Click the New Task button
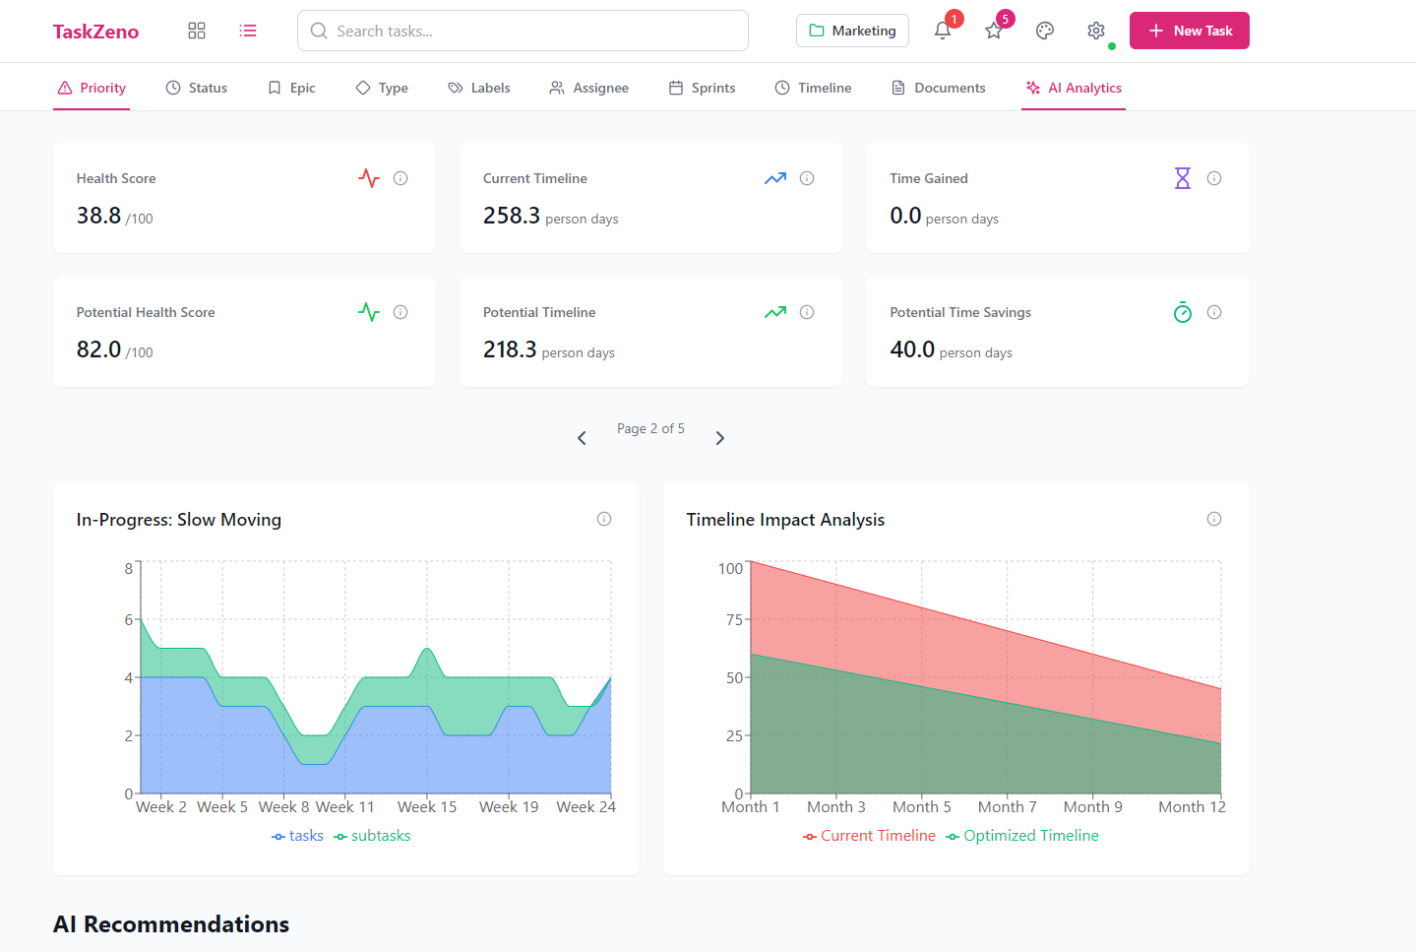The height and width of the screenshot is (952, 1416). coord(1189,31)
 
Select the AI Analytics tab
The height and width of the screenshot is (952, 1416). coord(1074,88)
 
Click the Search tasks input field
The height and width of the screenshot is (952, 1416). coord(523,31)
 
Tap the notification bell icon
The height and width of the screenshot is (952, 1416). coord(943,31)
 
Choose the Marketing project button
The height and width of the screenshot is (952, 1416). coord(852,31)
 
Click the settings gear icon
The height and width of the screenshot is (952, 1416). coord(1096,31)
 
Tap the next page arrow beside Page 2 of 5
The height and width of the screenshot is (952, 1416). coord(720,438)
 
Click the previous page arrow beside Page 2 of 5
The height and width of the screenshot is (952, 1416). coord(582,438)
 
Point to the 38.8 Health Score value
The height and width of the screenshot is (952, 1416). coord(99,216)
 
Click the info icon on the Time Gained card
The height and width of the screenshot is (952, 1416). coord(1214,178)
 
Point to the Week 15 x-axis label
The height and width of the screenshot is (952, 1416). coord(427,807)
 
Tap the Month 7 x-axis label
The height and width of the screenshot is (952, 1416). coord(1007,807)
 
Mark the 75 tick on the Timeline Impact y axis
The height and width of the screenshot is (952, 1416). coord(734,619)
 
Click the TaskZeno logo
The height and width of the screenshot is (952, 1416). coord(95,32)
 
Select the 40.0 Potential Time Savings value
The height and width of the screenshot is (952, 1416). coord(912,349)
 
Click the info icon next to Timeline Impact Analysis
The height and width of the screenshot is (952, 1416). coord(1214,519)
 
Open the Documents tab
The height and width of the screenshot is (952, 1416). coord(939,88)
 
